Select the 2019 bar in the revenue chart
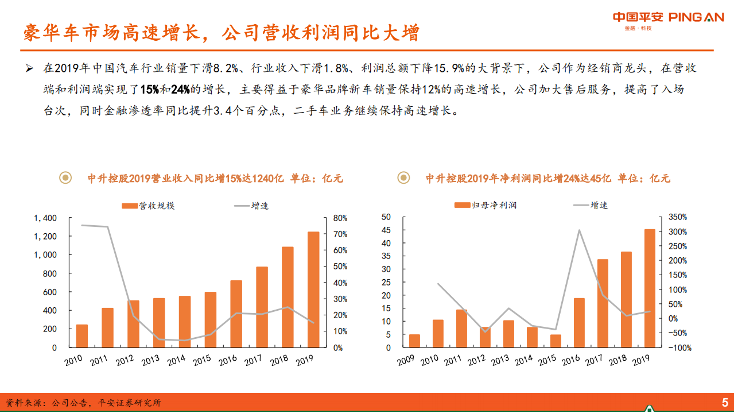pyautogui.click(x=313, y=290)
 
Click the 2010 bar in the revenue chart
pyautogui.click(x=82, y=336)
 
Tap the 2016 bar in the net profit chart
pyautogui.click(x=579, y=323)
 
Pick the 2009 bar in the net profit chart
pyautogui.click(x=414, y=341)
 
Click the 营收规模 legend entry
pyautogui.click(x=148, y=205)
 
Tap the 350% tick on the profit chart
pyautogui.click(x=677, y=217)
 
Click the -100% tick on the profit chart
pyautogui.click(x=679, y=348)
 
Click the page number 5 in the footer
pyautogui.click(x=725, y=402)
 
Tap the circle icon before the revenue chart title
pyautogui.click(x=67, y=178)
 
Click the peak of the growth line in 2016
pyautogui.click(x=579, y=230)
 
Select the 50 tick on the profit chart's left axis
pyautogui.click(x=386, y=217)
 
